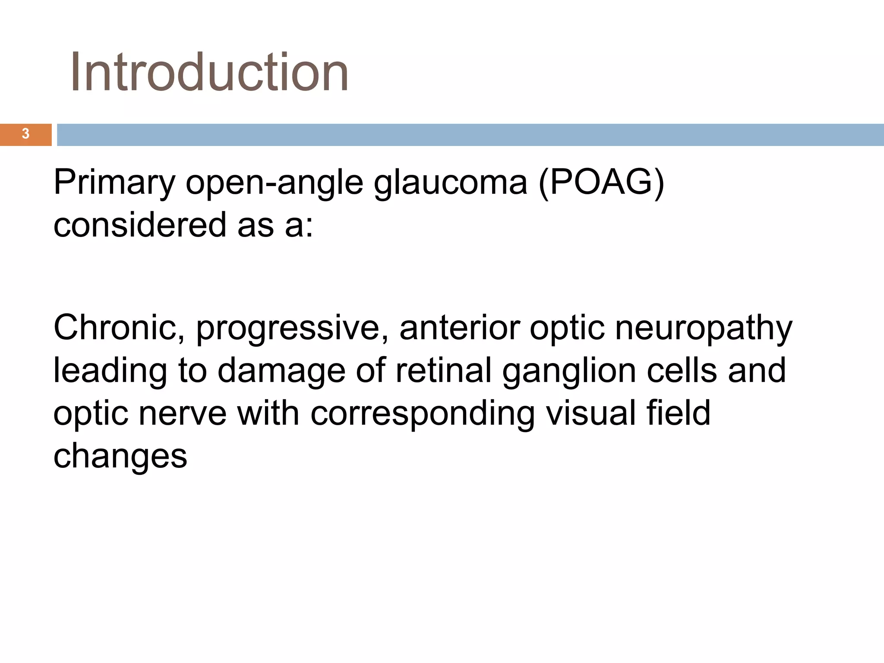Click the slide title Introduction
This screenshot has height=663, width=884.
(x=209, y=72)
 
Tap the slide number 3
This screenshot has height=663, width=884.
(x=25, y=134)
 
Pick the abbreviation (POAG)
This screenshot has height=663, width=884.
(x=601, y=183)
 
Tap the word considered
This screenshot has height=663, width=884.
(x=140, y=224)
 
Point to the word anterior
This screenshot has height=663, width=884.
(x=459, y=327)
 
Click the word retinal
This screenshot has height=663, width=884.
(x=443, y=370)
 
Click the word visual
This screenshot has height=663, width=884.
(x=590, y=413)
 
